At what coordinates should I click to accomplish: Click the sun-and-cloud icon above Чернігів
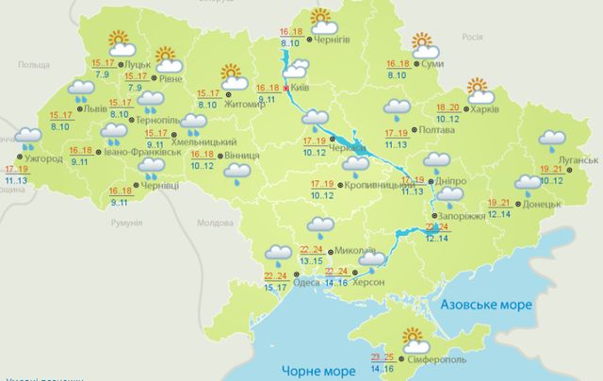click(x=322, y=16)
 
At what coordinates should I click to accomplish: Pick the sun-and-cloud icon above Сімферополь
click(x=414, y=339)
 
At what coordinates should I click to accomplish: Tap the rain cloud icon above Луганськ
click(x=553, y=141)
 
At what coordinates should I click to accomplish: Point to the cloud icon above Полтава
click(x=397, y=108)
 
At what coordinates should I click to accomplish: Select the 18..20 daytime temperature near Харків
click(x=448, y=108)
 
